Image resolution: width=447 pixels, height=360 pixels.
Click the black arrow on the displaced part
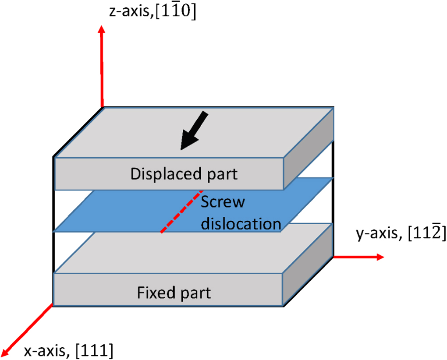pyautogui.click(x=195, y=131)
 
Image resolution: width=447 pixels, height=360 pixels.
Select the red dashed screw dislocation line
pyautogui.click(x=181, y=212)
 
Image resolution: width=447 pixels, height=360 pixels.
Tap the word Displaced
pyautogui.click(x=166, y=174)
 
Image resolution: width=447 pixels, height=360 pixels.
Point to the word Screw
pyautogui.click(x=223, y=203)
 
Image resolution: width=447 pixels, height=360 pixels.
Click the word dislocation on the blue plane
pyautogui.click(x=241, y=223)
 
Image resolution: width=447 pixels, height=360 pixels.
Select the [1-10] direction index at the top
pyautogui.click(x=179, y=12)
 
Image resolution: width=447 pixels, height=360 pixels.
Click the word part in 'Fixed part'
pyautogui.click(x=195, y=292)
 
